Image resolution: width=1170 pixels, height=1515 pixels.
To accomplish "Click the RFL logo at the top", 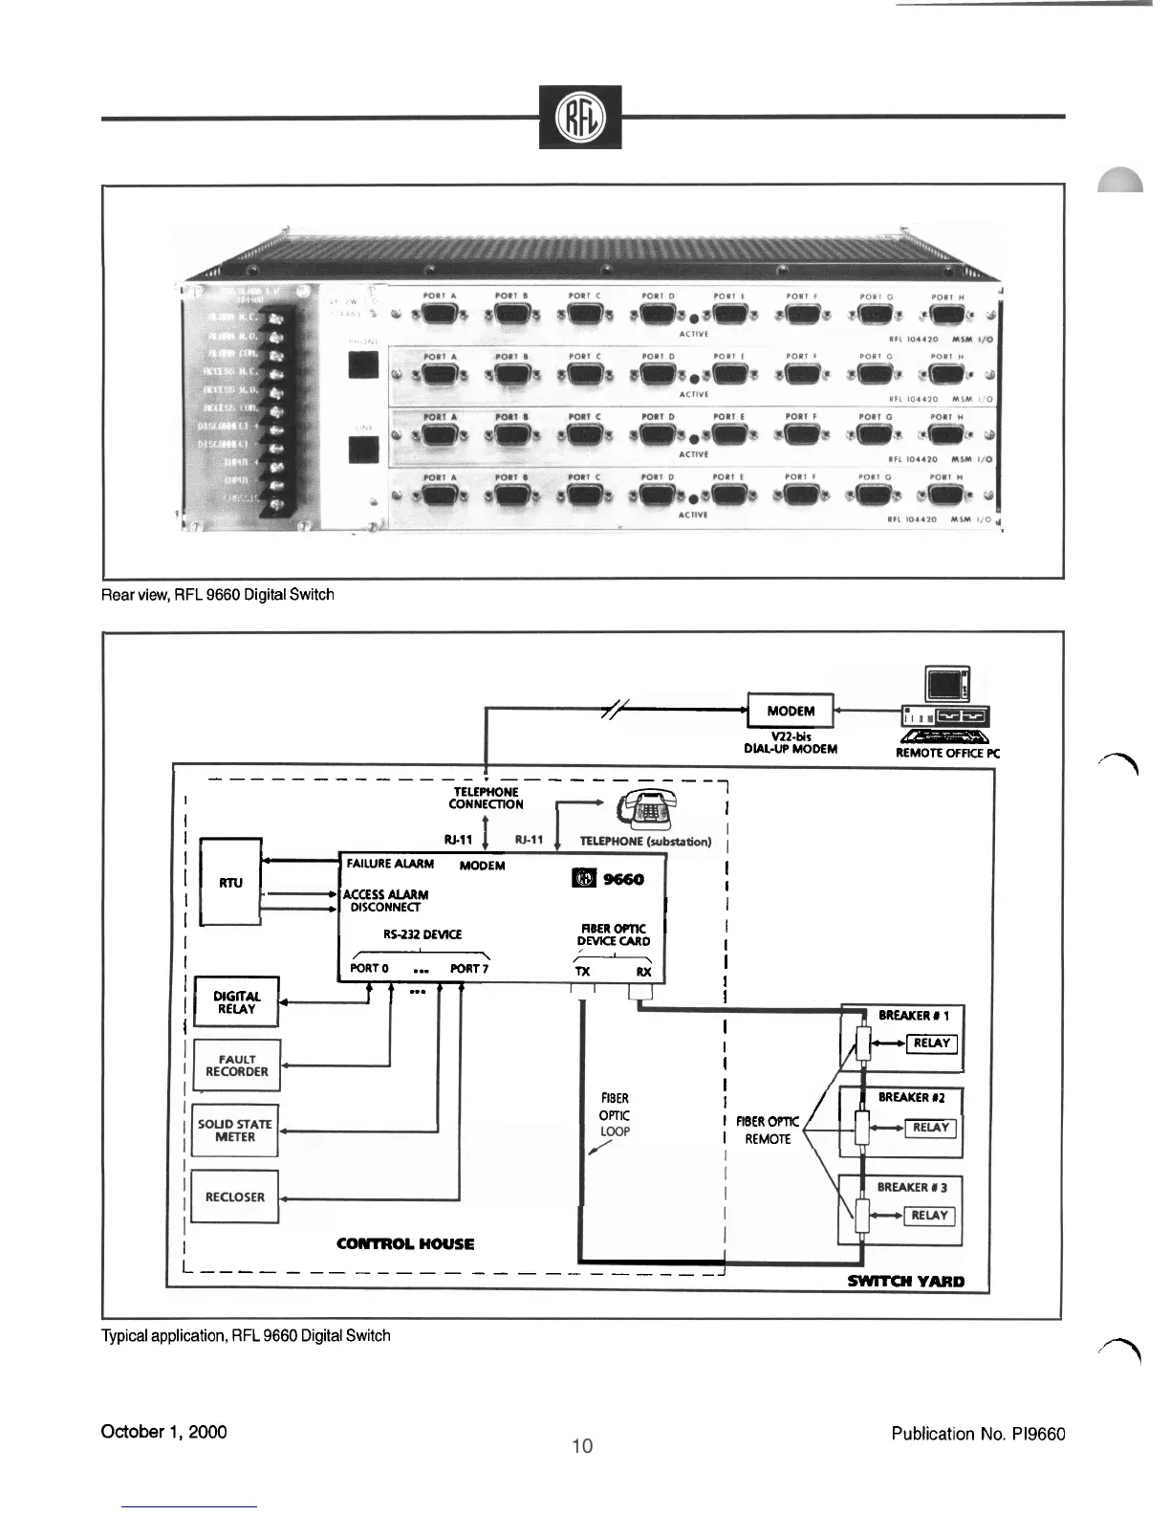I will [579, 117].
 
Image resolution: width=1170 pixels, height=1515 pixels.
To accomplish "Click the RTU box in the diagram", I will [230, 882].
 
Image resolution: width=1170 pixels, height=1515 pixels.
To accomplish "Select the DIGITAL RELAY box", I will [236, 1001].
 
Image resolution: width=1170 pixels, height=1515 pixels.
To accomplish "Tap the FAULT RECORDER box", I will [237, 1065].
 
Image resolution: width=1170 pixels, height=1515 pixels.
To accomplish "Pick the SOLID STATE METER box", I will [235, 1131].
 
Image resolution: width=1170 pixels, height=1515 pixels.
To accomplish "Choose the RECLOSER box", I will [235, 1197].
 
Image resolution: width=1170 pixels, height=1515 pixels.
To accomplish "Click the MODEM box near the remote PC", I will [791, 711].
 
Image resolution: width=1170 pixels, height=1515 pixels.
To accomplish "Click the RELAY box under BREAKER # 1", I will [931, 1043].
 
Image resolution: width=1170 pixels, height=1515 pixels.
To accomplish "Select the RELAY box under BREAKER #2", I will [930, 1127].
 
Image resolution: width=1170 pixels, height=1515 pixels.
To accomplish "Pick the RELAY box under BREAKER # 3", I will [928, 1215].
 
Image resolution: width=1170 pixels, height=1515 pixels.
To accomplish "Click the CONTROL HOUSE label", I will [405, 1243].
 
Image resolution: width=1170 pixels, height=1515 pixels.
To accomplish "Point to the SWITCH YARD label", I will [905, 1281].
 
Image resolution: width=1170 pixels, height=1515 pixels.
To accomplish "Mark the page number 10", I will [582, 1446].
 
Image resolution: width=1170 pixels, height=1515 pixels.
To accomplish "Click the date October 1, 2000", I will [164, 1432].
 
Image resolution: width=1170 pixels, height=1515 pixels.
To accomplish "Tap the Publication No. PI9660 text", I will [978, 1433].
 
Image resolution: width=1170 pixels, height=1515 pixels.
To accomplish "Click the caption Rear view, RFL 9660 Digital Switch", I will [218, 595].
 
